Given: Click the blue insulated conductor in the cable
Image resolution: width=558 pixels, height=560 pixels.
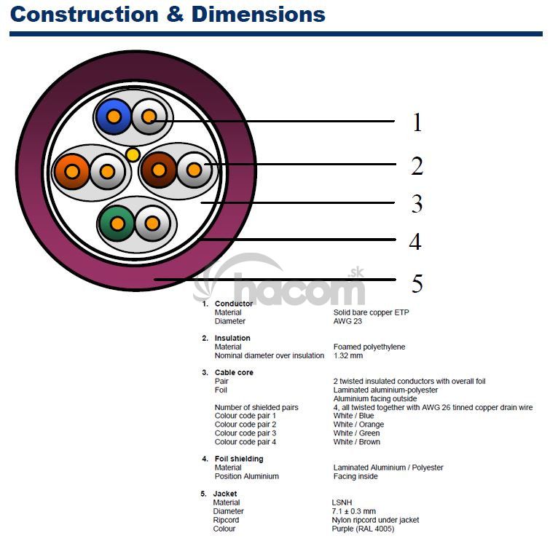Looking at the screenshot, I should click(x=114, y=116).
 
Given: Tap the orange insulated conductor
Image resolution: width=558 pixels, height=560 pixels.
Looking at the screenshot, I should click(x=71, y=171).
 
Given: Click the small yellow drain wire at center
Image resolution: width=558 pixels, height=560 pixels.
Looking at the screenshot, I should click(x=133, y=154).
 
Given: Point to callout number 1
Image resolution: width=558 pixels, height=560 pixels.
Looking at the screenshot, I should click(x=417, y=122).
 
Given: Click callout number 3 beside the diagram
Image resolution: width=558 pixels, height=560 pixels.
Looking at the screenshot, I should click(x=417, y=204).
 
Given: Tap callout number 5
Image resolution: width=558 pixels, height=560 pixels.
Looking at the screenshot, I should click(x=417, y=283).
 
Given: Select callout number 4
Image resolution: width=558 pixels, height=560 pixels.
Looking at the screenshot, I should click(x=415, y=242).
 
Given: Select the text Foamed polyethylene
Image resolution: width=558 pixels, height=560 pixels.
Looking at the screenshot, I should click(x=369, y=347).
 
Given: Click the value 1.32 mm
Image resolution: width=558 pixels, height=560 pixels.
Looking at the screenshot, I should click(x=348, y=356).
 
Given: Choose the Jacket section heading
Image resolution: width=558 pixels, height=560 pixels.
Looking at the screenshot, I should click(x=225, y=494).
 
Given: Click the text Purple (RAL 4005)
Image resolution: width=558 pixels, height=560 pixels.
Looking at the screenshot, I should click(x=363, y=529).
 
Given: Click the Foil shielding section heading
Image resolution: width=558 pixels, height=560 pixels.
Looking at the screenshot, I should click(x=239, y=459).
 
